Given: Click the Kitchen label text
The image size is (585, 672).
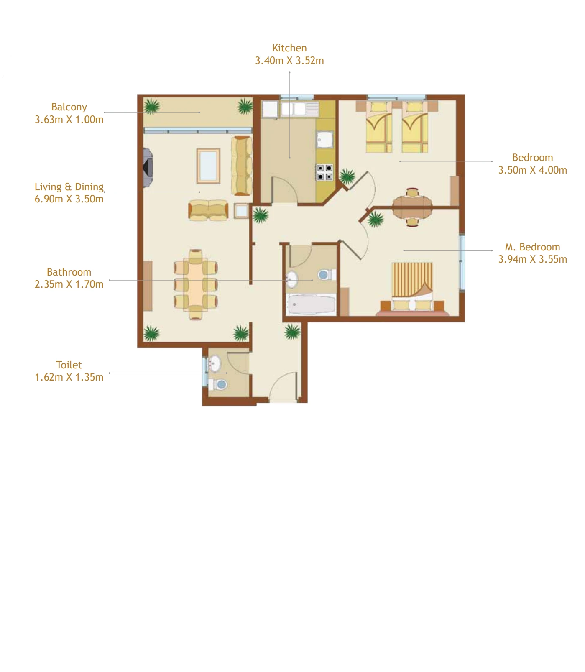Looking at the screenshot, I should pos(289,48).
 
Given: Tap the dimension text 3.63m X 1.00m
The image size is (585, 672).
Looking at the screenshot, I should pos(69,120).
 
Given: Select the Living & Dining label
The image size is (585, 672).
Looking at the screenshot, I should pos(69,187).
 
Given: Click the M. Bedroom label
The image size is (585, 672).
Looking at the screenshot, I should pos(532,247).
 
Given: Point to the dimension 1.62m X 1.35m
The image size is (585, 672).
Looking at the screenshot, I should pos(69,377).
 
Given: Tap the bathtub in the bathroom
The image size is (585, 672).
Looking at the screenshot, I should pos(312,304).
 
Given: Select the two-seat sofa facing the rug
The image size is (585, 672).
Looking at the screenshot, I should pos(208,210).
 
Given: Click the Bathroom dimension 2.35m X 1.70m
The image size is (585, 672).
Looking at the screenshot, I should pos(69,285).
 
